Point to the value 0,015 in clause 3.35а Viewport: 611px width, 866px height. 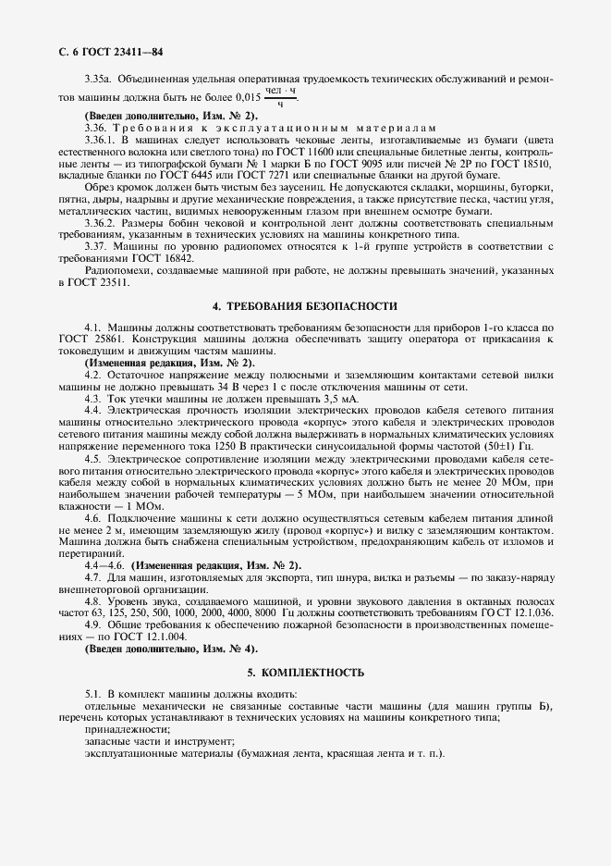click(x=249, y=96)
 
